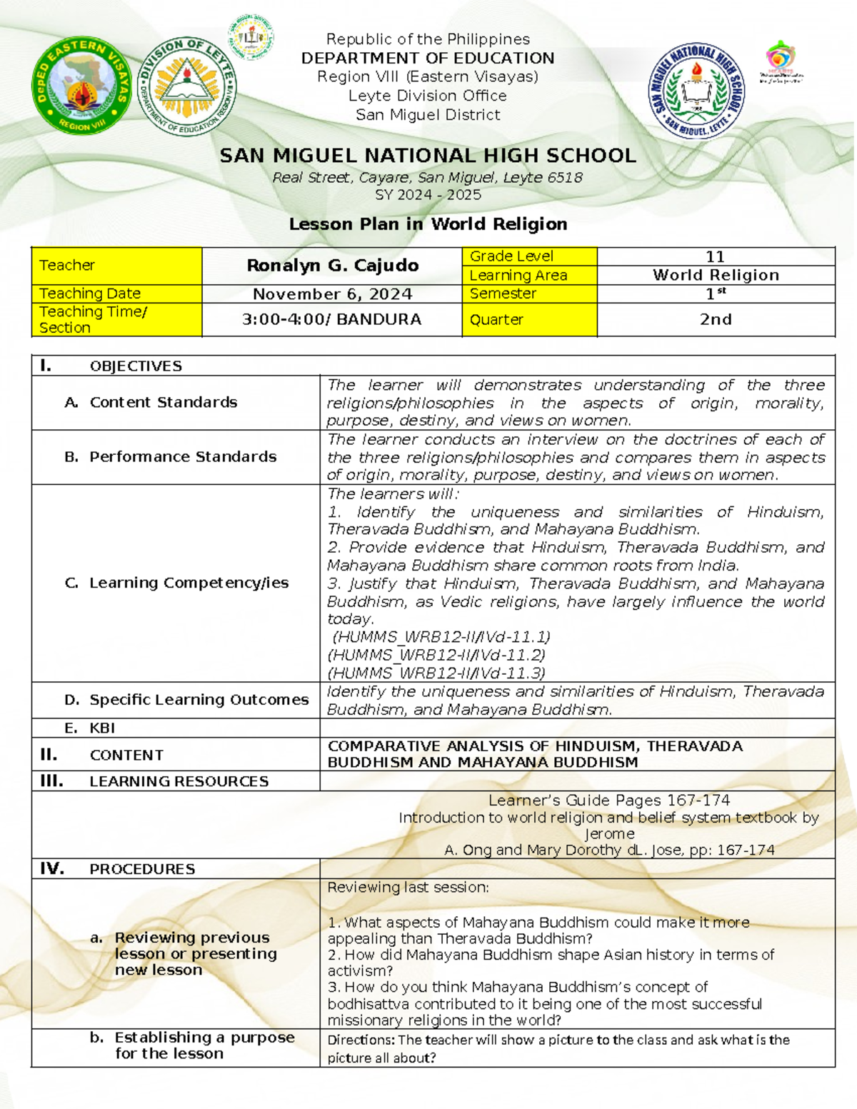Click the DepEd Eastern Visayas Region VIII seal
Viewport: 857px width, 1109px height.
click(x=81, y=85)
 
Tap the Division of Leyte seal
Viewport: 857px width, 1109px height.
click(x=186, y=86)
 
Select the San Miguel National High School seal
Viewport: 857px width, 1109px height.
click(x=696, y=90)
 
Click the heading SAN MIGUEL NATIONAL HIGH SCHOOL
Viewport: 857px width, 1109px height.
click(x=428, y=156)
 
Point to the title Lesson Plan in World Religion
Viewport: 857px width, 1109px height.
click(x=428, y=224)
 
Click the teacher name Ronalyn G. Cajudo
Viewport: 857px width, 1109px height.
click(x=332, y=266)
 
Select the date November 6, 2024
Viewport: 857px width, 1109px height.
click(x=332, y=294)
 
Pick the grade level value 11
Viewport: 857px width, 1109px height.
click(x=715, y=256)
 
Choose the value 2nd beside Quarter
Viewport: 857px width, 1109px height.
click(x=715, y=320)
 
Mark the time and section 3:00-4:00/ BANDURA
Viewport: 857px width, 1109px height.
click(x=332, y=320)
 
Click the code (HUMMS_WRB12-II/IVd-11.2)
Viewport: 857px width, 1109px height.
click(x=436, y=655)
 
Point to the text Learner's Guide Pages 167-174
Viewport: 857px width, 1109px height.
click(x=608, y=801)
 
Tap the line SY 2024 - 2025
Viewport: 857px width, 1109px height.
click(x=428, y=195)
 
